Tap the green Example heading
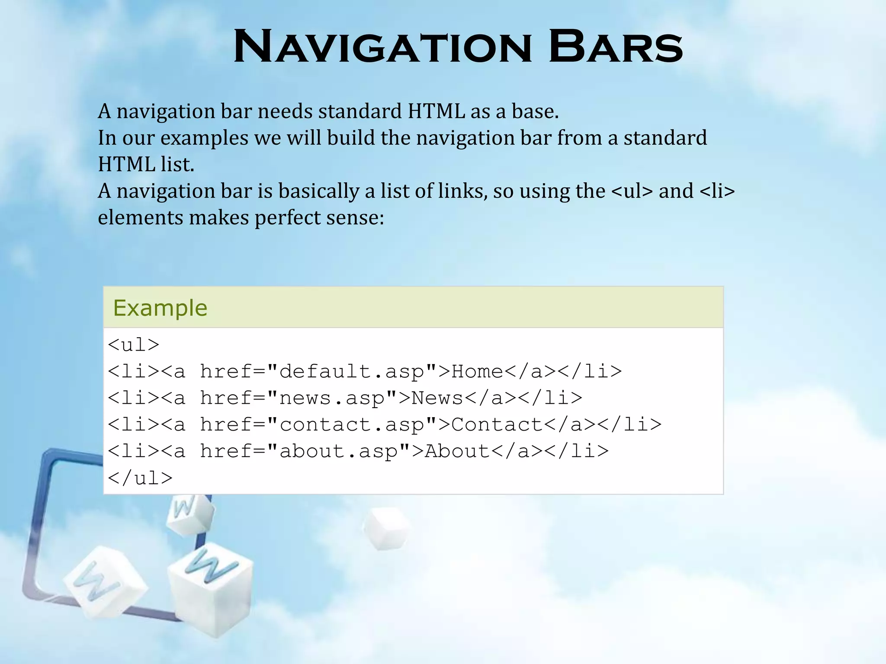160,308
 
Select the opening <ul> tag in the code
134,345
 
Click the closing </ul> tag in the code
140,478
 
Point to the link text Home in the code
477,371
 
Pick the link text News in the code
437,398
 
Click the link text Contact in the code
497,425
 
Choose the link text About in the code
457,451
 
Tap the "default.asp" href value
352,371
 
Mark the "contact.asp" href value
352,425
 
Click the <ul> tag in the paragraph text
632,191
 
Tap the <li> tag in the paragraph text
717,191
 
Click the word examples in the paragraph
204,138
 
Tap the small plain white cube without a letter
386,529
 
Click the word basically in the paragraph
318,191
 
